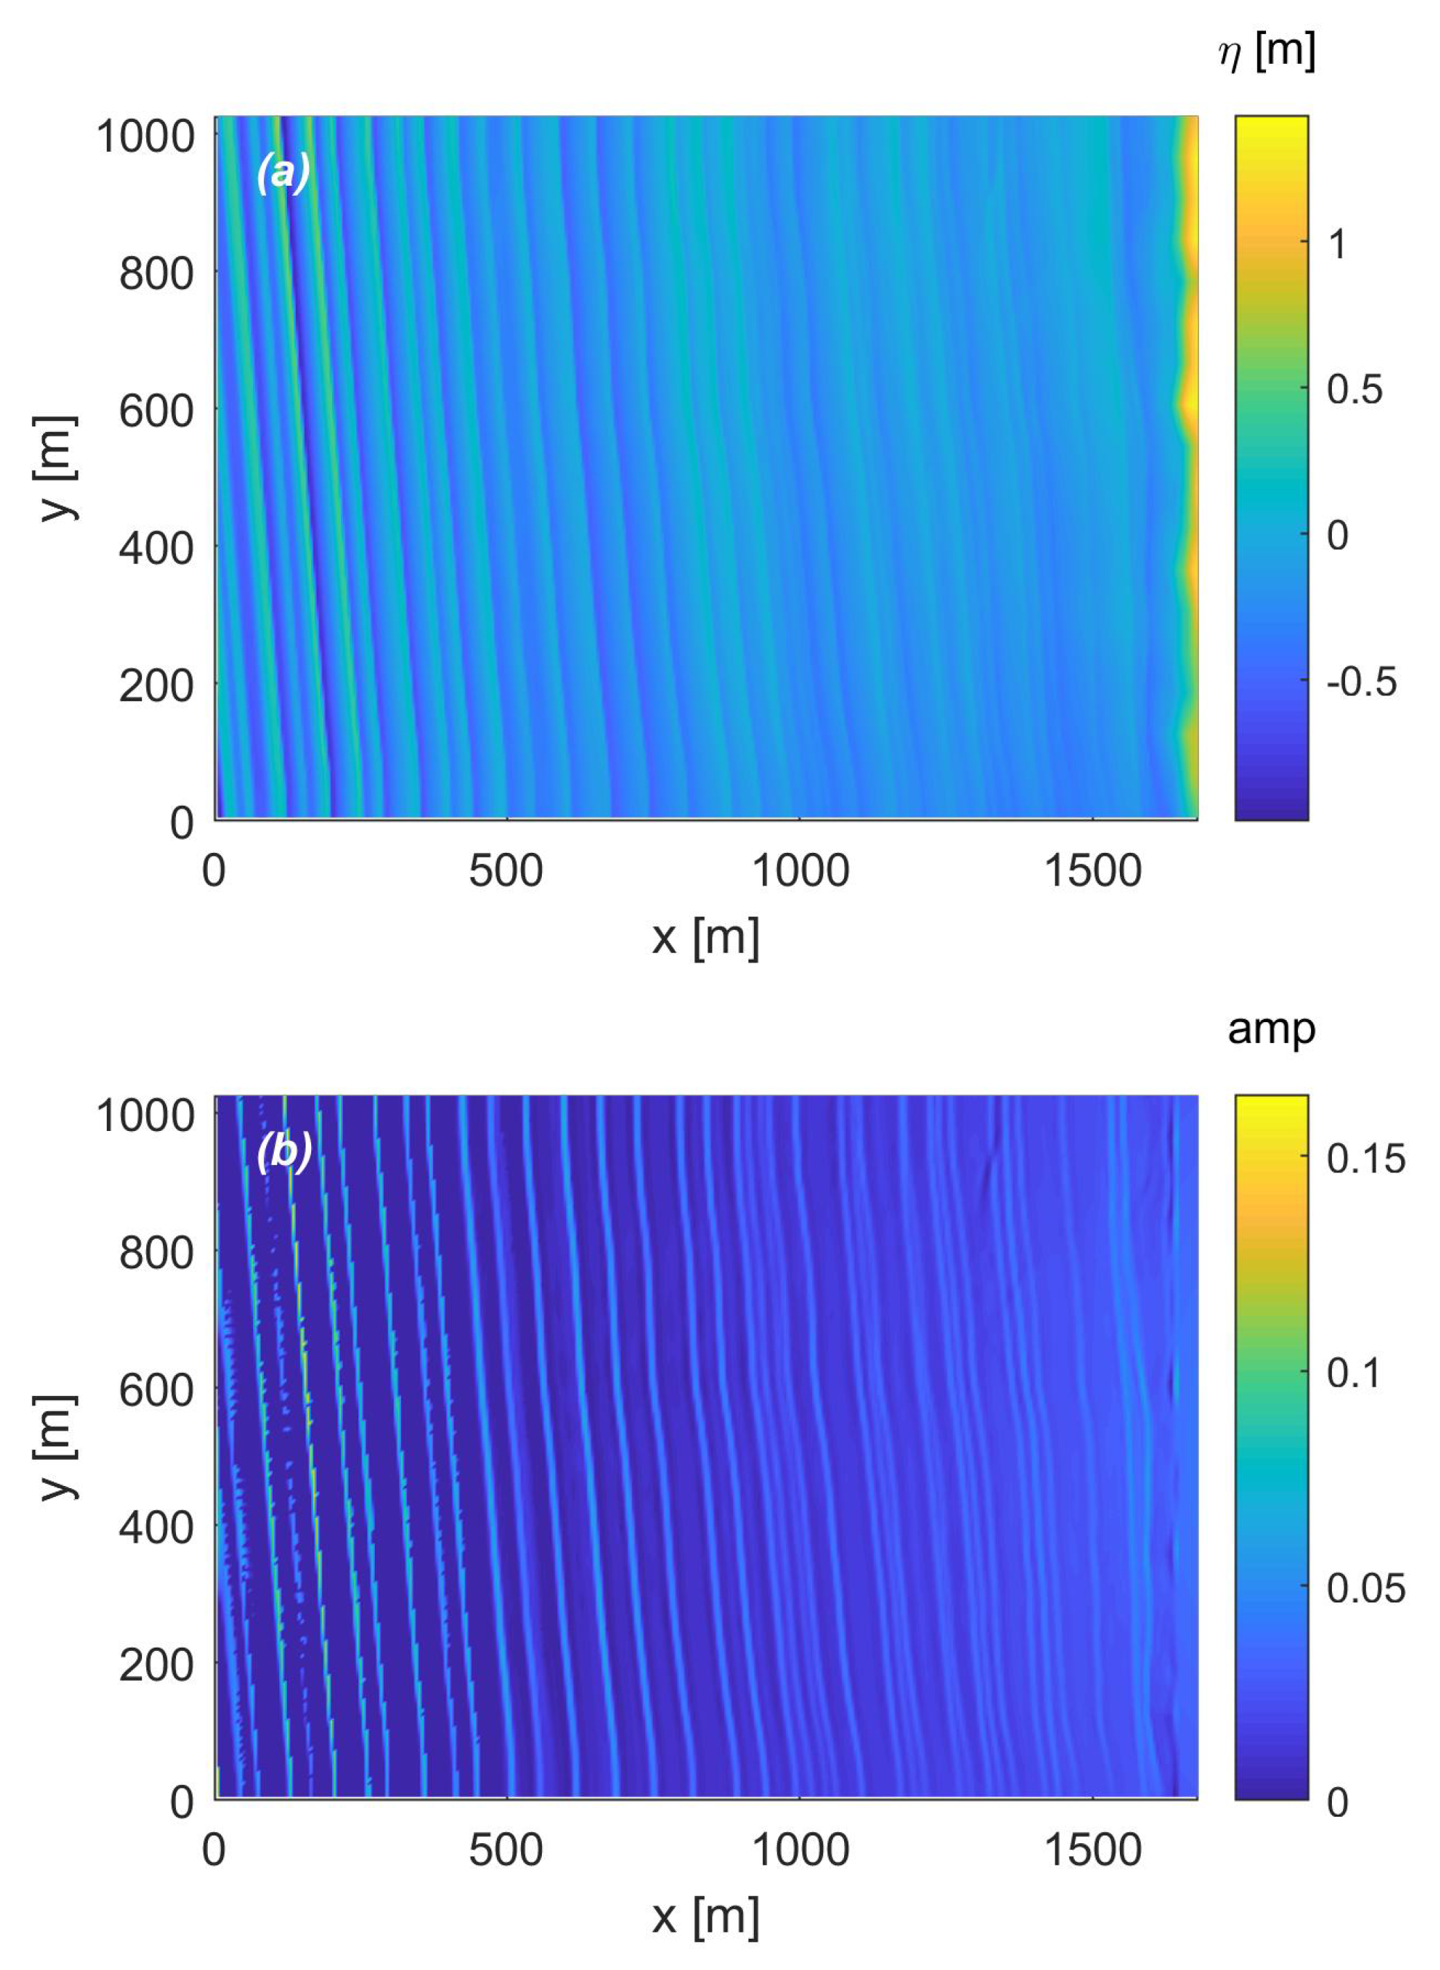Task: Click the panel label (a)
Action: (283, 172)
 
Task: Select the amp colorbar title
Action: (1271, 1030)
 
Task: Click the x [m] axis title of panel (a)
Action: (706, 938)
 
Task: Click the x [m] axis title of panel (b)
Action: (706, 1919)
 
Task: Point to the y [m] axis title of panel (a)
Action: (56, 468)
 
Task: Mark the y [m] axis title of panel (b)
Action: (56, 1448)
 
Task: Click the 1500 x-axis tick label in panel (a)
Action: (1092, 871)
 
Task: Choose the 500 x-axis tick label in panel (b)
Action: (506, 1851)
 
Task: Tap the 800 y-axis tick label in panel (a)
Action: (156, 274)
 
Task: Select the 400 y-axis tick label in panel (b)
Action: (156, 1528)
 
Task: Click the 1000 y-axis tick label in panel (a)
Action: (145, 137)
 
